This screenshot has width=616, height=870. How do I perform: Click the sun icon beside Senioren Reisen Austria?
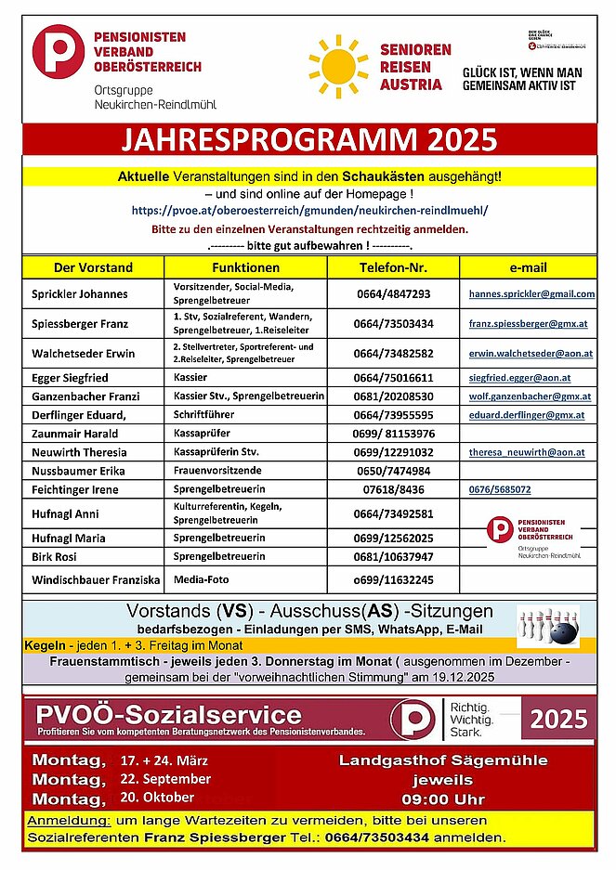point(337,66)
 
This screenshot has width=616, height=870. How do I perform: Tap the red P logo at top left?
point(59,51)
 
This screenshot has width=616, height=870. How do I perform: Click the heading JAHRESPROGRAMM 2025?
point(308,140)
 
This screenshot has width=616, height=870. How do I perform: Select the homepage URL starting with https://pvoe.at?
point(309,211)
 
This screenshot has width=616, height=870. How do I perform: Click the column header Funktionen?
point(244,267)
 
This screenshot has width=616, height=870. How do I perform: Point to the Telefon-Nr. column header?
point(393,267)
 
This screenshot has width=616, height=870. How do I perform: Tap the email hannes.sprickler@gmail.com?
point(531,294)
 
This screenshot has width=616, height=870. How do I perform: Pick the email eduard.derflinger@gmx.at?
point(526,415)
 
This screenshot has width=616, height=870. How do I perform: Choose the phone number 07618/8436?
point(394,489)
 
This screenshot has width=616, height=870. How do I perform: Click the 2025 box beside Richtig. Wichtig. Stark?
point(558,719)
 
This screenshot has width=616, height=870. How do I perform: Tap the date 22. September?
point(164,778)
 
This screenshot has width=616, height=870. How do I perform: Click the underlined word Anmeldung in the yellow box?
point(69,822)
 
